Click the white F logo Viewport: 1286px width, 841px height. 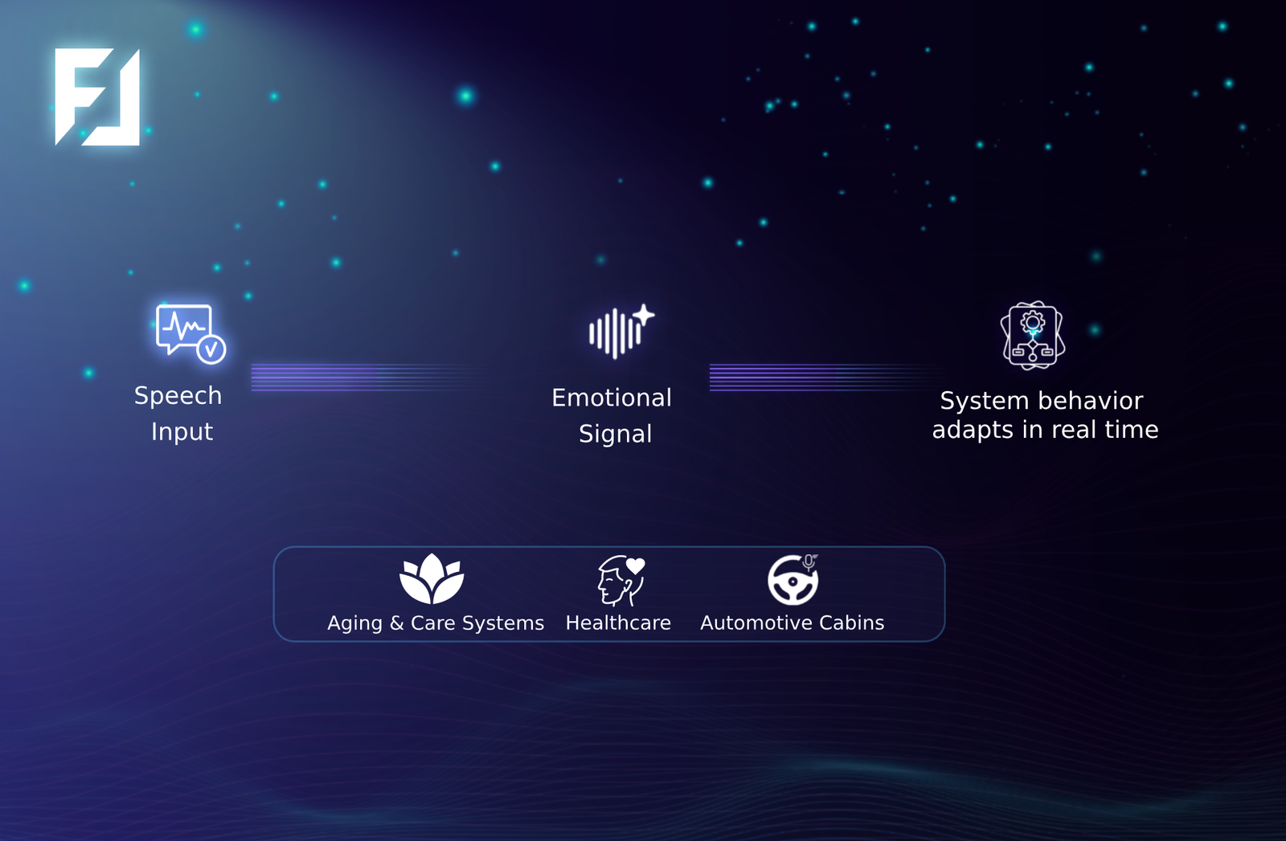click(x=97, y=97)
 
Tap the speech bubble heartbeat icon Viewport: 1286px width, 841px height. click(x=190, y=333)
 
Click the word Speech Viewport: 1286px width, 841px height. click(x=178, y=396)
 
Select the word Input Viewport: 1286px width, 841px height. click(x=182, y=432)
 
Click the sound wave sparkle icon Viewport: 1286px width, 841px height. click(x=620, y=331)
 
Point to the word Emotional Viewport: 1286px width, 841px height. click(x=611, y=398)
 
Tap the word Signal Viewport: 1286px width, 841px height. click(x=615, y=434)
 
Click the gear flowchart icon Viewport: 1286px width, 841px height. click(x=1033, y=335)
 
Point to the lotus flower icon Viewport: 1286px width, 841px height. click(x=432, y=579)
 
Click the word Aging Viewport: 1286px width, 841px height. click(x=354, y=623)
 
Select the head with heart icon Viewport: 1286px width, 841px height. click(x=620, y=579)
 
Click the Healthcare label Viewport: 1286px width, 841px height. click(x=618, y=623)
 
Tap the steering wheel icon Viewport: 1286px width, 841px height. click(x=793, y=579)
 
